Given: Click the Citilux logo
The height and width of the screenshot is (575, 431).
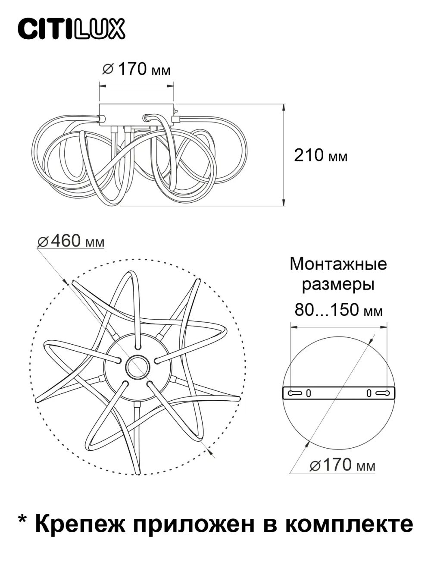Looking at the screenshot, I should tap(71, 29).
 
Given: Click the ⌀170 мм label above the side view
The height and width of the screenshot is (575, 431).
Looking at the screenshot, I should tap(136, 69).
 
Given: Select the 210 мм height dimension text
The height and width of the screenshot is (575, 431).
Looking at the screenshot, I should tap(320, 155).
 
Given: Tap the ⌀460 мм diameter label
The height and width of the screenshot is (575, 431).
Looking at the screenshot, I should tap(71, 242).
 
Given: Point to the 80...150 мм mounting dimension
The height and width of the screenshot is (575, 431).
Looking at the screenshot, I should tap(338, 310).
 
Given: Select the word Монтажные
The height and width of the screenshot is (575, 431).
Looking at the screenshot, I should tap(338, 264).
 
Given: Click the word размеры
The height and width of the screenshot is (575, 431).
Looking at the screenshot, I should tap(338, 285).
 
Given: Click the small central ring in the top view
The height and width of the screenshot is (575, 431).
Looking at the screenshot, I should tap(137, 367).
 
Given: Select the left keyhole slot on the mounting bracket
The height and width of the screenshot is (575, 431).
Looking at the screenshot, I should tap(295, 393).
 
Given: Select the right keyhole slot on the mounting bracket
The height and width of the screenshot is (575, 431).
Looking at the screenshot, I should tap(382, 393).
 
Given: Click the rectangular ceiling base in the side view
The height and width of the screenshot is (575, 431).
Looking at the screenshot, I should tap(137, 114).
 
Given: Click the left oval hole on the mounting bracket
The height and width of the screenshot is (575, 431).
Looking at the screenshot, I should tap(309, 393).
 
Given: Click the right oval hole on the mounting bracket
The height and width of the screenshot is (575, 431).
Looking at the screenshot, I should tap(369, 393).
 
